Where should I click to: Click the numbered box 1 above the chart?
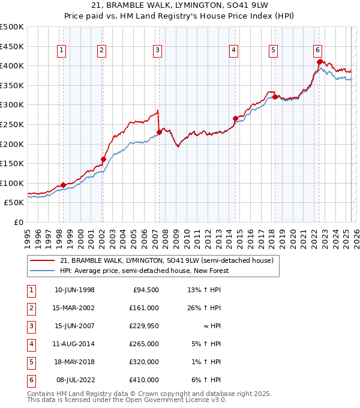(62, 51)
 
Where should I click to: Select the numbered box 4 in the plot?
(233, 51)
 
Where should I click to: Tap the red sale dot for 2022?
(319, 61)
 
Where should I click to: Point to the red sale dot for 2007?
(159, 132)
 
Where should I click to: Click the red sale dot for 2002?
(103, 159)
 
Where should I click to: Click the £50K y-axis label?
(14, 203)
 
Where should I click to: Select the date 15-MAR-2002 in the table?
(74, 308)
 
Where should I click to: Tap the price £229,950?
(144, 326)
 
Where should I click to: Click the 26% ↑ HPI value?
(204, 308)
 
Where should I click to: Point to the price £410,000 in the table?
(144, 380)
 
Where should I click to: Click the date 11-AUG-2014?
(74, 344)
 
